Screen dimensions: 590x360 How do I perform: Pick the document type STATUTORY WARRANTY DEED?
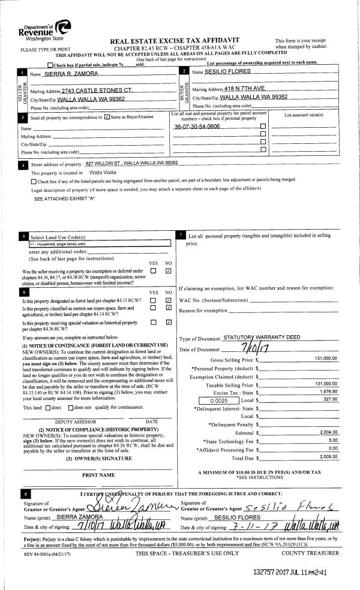[x=261, y=338]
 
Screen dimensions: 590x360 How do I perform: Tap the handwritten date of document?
[x=245, y=349]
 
